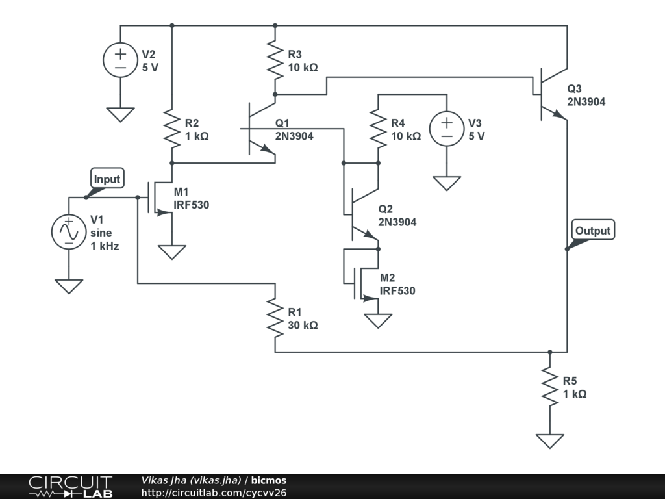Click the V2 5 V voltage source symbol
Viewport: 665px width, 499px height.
pos(121,60)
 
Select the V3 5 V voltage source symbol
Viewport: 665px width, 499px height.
pos(447,129)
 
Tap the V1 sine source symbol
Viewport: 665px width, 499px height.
pos(69,231)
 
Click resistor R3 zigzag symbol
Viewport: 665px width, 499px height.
pos(275,61)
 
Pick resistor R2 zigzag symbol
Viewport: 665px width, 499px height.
pos(172,129)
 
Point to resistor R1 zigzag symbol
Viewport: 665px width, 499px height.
pos(275,318)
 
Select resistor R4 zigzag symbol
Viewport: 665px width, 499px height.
pos(378,129)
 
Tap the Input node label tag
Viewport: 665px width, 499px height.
pos(107,180)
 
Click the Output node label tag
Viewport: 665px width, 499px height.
pos(592,231)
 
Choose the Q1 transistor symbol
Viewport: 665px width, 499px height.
pos(260,130)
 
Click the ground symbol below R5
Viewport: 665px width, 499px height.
pos(549,441)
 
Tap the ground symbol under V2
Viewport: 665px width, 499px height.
pos(121,114)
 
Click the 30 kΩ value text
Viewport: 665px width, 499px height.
pos(303,326)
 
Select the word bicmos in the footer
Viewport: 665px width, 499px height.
pos(269,481)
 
